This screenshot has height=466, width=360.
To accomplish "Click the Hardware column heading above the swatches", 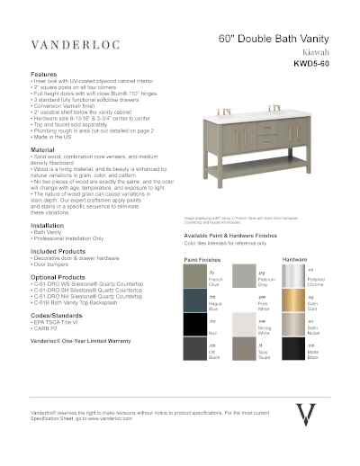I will (295, 258).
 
